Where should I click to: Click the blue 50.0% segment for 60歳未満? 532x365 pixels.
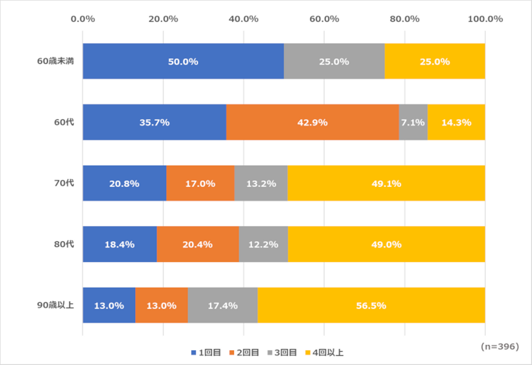point(183,61)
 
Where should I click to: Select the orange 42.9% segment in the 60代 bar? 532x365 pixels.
point(313,122)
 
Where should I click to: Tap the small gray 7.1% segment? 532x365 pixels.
point(413,122)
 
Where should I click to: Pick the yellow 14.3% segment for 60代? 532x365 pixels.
point(456,122)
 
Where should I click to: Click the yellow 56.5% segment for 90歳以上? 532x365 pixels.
point(371,305)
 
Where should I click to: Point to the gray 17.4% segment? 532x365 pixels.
point(222,305)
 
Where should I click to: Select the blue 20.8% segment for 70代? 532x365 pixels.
point(125,183)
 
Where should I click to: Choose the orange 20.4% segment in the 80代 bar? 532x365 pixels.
point(198,244)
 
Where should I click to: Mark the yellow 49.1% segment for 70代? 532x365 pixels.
point(386,183)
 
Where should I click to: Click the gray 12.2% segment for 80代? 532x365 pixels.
point(263,244)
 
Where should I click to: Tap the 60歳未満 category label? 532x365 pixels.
point(55,61)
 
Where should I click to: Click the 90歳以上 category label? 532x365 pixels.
point(55,305)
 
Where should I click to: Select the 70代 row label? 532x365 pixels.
point(64,183)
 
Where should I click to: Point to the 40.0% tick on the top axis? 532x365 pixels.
point(243,19)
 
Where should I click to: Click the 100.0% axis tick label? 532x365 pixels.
point(485,19)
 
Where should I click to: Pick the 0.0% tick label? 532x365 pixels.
point(83,19)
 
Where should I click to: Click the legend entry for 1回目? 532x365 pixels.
point(206,352)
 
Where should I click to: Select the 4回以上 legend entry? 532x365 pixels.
point(324,352)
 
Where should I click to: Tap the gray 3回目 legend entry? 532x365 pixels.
point(282,352)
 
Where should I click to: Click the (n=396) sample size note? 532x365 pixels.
point(500,346)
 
